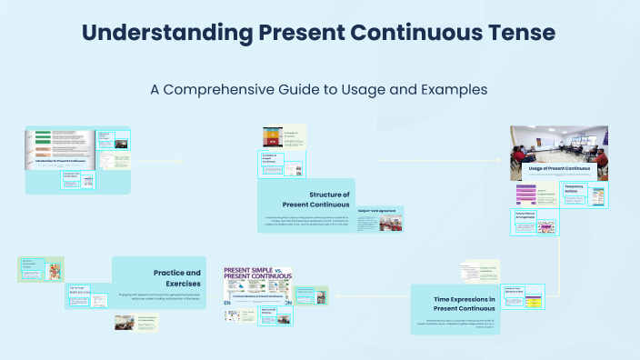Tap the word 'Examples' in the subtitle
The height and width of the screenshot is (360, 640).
coord(450,90)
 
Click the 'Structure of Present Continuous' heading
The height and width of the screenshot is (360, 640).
coord(317,199)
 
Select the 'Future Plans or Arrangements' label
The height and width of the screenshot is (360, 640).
coord(530,215)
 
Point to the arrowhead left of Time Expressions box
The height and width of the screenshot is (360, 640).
coord(337,295)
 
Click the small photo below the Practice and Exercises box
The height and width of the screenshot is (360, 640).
coord(125,322)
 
